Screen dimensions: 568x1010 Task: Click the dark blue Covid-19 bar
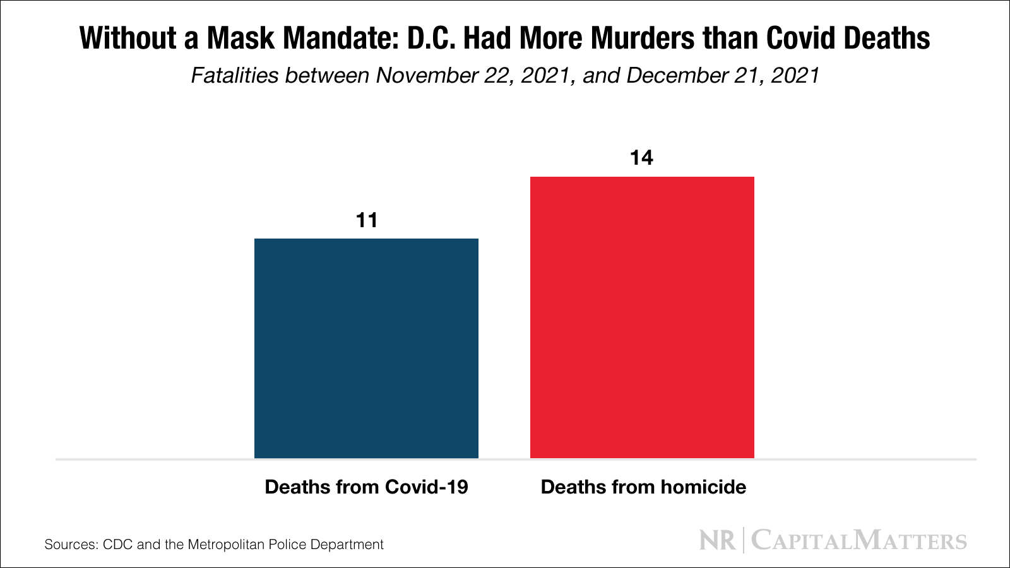366,348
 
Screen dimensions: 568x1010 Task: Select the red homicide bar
642,317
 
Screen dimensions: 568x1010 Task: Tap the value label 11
367,220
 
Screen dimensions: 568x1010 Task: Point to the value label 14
641,158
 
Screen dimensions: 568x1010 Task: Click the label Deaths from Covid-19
366,487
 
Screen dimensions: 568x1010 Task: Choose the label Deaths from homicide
643,487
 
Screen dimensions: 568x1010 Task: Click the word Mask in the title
242,38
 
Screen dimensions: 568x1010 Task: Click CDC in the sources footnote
117,545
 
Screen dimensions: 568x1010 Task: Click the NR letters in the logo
717,541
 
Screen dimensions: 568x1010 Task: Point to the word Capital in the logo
800,541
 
